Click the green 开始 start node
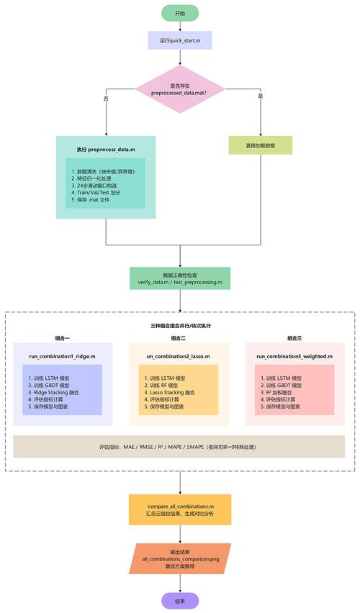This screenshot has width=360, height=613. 180,13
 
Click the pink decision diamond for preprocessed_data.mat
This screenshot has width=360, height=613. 180,88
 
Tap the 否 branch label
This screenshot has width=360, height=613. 107,97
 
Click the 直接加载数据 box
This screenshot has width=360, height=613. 260,145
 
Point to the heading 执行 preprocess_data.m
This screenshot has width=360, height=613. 106,149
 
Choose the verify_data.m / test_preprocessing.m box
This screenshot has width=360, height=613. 180,278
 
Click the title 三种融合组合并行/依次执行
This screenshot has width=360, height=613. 180,325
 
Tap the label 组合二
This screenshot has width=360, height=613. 179,338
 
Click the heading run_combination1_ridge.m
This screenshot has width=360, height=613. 62,355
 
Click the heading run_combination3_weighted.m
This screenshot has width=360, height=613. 294,355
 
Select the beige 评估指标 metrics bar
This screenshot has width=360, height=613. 180,447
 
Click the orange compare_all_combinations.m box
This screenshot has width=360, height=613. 180,509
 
